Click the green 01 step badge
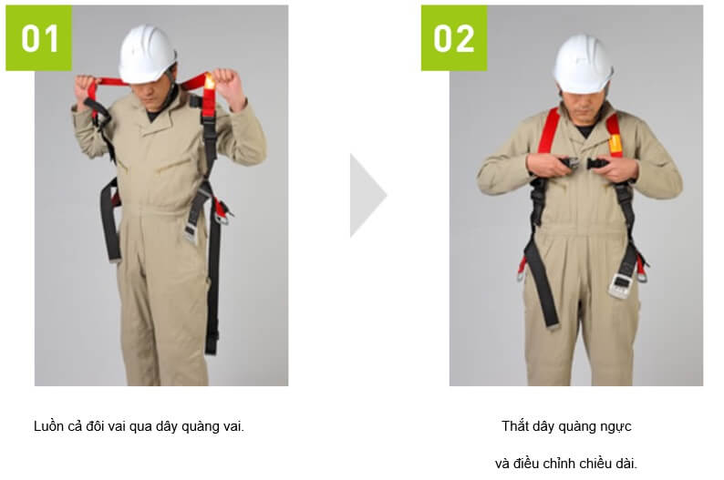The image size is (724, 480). (x=39, y=38)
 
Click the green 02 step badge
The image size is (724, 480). (x=454, y=38)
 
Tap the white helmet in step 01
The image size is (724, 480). (x=147, y=55)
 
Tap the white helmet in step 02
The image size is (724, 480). (x=583, y=64)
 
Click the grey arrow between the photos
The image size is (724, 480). (x=367, y=196)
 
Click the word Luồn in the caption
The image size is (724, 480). (x=48, y=426)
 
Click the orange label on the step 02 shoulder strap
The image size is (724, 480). (x=615, y=144)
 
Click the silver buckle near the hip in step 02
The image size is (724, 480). (x=619, y=286)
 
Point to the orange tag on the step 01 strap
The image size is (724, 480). (x=209, y=82)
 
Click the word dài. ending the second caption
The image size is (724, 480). (x=626, y=463)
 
